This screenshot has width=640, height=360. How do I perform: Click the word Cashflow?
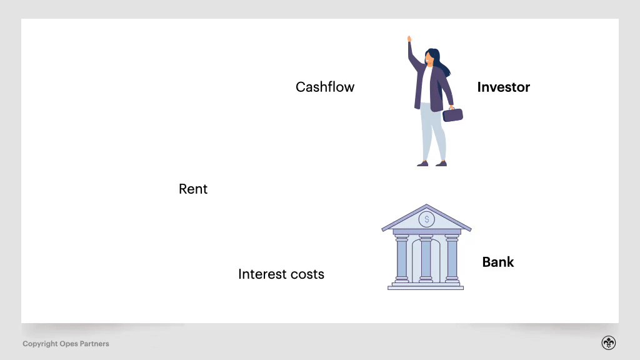click(x=325, y=87)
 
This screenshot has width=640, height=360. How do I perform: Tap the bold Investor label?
click(x=503, y=87)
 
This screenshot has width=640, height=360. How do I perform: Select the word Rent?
click(x=193, y=189)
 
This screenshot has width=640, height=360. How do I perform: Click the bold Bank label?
click(x=498, y=262)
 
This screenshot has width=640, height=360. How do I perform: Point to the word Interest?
click(x=262, y=274)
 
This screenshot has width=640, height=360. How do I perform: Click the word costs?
click(x=307, y=274)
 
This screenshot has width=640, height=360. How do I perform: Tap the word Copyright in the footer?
click(x=40, y=344)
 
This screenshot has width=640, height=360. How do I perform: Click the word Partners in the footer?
click(x=94, y=344)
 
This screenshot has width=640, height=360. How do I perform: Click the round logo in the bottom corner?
click(x=609, y=343)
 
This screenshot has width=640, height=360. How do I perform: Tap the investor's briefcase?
click(x=453, y=114)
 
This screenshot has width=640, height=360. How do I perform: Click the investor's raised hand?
click(x=410, y=39)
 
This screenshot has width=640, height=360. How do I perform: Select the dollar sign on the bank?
click(x=427, y=219)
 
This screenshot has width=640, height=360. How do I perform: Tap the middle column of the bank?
click(x=426, y=259)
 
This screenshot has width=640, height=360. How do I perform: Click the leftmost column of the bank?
click(x=402, y=259)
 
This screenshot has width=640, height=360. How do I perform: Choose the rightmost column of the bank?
click(x=451, y=259)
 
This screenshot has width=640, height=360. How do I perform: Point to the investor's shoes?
click(x=432, y=164)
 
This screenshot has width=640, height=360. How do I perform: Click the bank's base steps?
click(x=426, y=286)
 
